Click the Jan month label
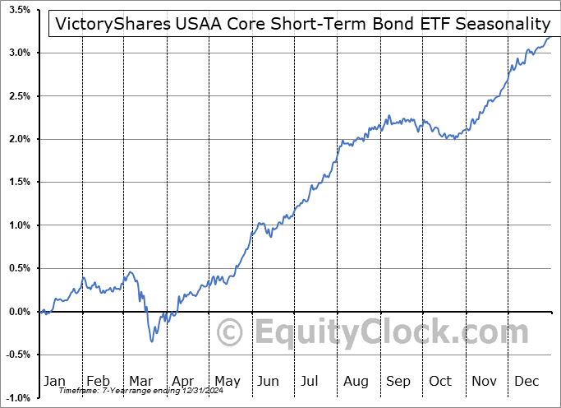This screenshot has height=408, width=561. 54,381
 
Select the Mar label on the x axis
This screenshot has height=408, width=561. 140,381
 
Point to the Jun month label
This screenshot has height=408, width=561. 269,381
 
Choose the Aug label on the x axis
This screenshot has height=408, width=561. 355,381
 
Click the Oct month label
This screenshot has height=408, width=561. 441,381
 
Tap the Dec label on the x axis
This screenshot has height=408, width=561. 527,381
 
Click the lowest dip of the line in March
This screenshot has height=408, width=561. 152,341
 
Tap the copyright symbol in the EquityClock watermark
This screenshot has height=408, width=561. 232,333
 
